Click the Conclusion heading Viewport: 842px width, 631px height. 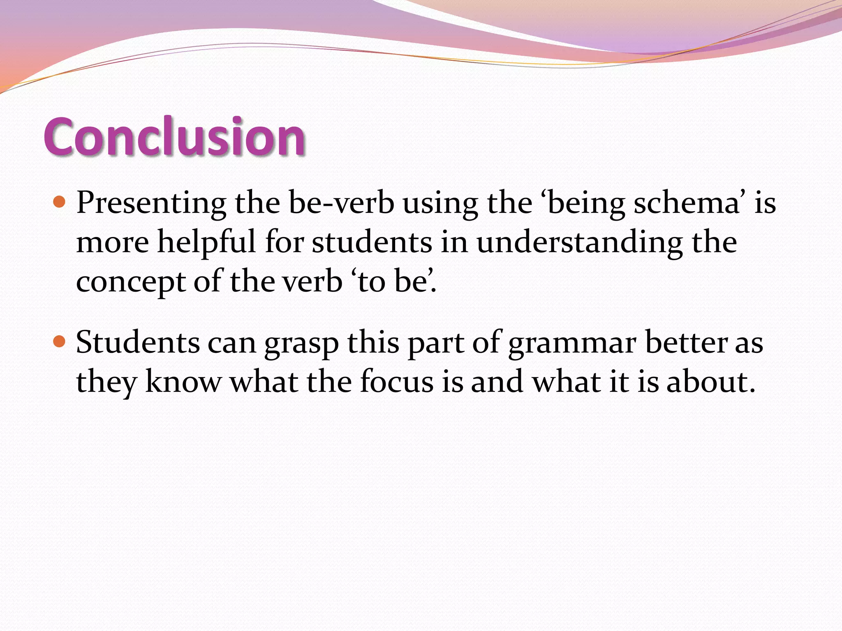[174, 136]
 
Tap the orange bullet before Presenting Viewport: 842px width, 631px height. [60, 202]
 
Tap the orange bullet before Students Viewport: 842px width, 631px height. [60, 341]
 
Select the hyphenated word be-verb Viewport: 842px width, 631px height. [341, 203]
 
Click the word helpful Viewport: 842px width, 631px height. [207, 242]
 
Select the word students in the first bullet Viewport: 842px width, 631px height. [372, 242]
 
